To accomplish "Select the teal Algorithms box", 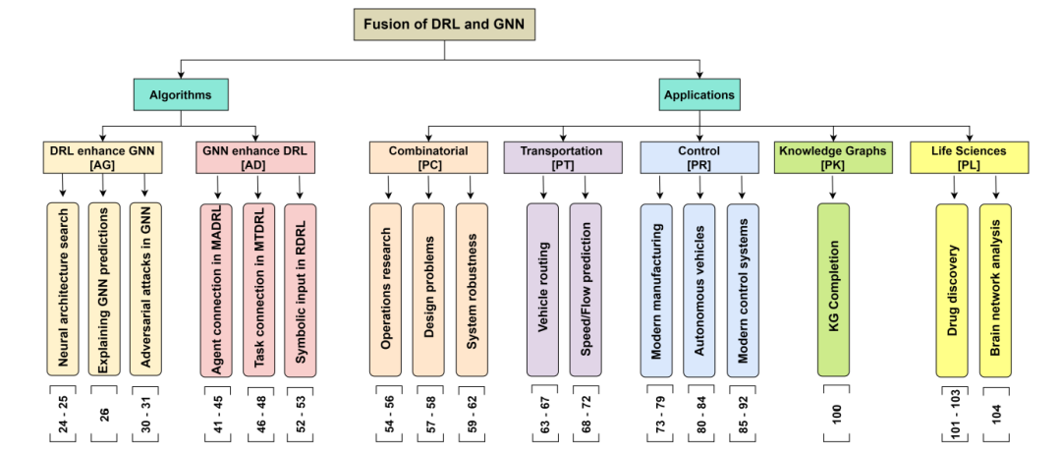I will point(181,95).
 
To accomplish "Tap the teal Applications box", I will point(698,95).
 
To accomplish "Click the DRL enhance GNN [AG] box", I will point(103,158).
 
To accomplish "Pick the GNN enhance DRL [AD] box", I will point(255,158).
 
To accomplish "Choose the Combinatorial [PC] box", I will point(428,158).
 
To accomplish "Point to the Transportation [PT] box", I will point(562,158).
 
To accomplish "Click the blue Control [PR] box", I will point(698,158).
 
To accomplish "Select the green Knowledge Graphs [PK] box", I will point(832,158).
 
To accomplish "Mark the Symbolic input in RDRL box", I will point(301,290).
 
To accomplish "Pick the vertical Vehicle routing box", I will point(541,290).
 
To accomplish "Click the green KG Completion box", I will point(833,290).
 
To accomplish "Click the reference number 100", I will point(834,414).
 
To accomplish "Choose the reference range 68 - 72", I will point(586,414).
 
